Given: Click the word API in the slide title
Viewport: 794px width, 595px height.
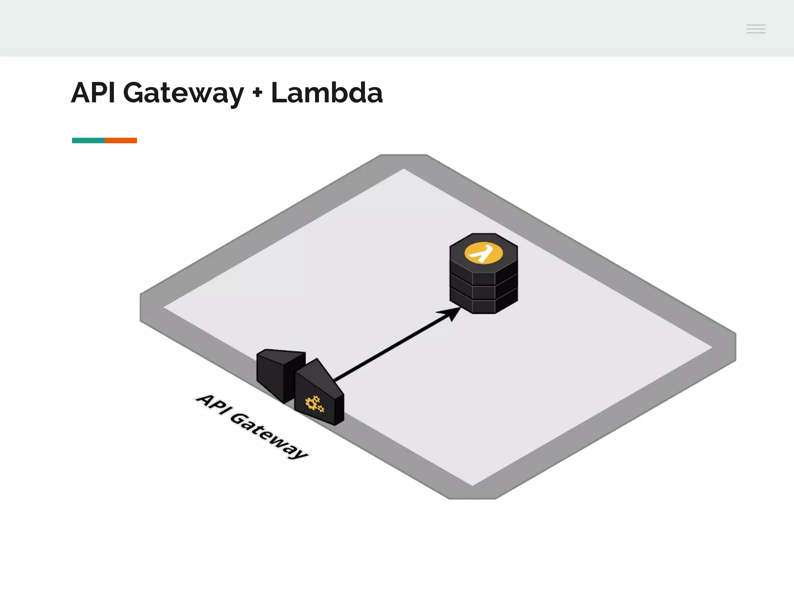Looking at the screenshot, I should pos(93,93).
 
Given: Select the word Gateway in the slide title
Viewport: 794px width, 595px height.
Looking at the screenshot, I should pos(183,94).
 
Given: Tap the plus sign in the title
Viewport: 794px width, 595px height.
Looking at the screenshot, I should pos(257,93).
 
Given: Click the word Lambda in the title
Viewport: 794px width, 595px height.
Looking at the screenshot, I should pos(326,93).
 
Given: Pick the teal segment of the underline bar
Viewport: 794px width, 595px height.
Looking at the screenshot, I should pos(88,140).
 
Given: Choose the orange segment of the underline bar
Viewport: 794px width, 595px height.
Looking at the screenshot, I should pos(121,140).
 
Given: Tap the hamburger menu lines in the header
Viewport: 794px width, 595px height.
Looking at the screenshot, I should pos(756,29).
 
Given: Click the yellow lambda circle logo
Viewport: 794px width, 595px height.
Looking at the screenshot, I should pos(483,254).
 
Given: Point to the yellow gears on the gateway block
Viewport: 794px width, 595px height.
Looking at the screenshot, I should pos(314,404).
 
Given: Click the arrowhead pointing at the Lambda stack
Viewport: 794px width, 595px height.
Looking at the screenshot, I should pos(451,313).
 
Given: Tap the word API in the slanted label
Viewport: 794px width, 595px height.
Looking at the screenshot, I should pos(211,404).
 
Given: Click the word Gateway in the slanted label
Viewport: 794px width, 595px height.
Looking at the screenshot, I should pos(269,436).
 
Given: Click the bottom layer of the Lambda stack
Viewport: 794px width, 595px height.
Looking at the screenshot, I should pos(483,306).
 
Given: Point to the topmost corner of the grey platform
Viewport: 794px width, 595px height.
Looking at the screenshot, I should pos(403,156).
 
